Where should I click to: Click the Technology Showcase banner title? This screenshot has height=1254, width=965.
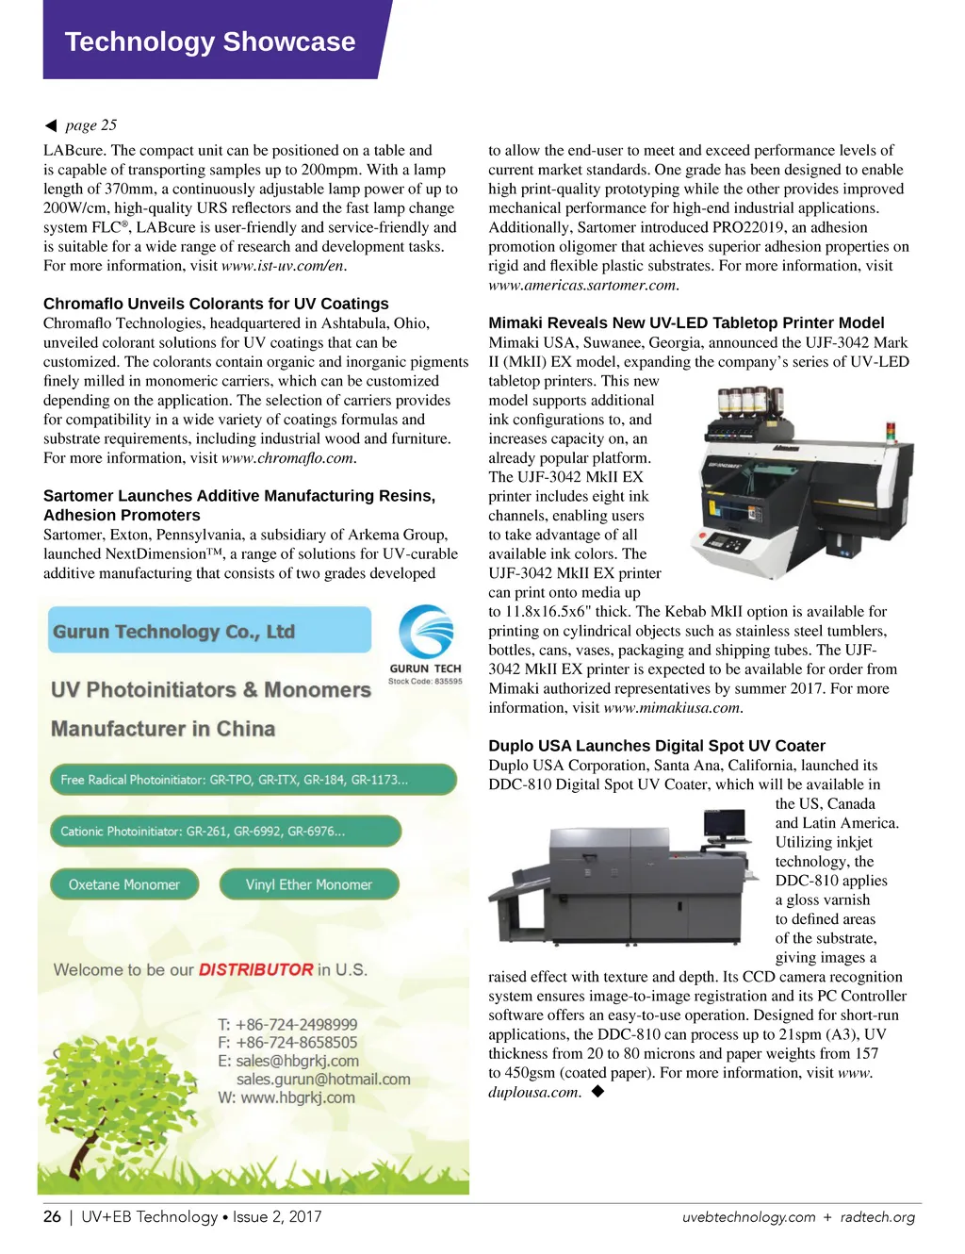pos(210,41)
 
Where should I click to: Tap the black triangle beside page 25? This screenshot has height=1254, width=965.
pos(51,125)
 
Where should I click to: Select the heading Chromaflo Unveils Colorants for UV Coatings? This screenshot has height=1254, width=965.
pos(216,304)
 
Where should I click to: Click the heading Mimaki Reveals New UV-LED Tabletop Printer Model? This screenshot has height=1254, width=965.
pos(686,322)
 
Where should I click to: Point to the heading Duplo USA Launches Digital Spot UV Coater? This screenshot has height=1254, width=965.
pos(657,746)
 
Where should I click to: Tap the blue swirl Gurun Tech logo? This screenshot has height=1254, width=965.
pos(426,632)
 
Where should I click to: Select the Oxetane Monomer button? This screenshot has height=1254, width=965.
pos(123,884)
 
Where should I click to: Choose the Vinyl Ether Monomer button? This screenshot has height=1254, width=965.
pos(309,884)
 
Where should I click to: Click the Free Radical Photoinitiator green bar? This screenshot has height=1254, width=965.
pos(253,780)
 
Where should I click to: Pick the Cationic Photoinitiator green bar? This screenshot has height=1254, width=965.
pos(225,832)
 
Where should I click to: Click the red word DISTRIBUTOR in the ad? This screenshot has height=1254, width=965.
pos(256,969)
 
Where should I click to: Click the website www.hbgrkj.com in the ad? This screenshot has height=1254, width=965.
pos(298,1097)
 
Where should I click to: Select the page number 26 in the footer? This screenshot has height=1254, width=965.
pos(52,1216)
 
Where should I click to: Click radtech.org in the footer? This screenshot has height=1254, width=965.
pos(877,1217)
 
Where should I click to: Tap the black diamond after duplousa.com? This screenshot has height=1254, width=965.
pos(597,1092)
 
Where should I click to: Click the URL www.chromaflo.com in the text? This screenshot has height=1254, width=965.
pos(287,458)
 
